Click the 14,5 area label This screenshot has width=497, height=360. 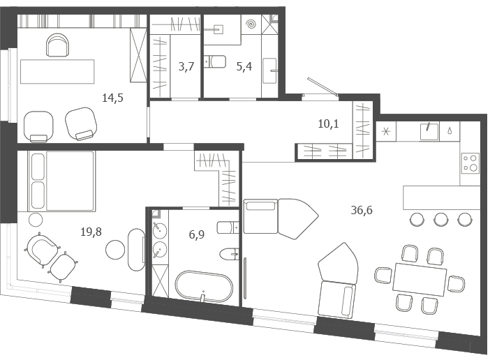pos(112,98)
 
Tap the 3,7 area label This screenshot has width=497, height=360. pos(186,66)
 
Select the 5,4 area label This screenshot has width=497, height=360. pos(244,66)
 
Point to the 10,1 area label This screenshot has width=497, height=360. pos(328,123)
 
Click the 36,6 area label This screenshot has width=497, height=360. pos(362,210)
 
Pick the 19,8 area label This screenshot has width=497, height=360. pos(91,232)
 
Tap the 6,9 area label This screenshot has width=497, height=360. pos(197,235)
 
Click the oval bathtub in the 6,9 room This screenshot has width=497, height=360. pos(204,286)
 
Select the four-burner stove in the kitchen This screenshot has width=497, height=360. pos(470,163)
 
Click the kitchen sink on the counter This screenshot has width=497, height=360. pos(429,132)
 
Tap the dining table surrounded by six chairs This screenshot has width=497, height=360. pos(420,279)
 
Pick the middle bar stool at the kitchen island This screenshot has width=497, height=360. pos(441,219)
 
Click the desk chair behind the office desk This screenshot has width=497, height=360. pos(58,45)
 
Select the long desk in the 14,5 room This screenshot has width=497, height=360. pos(57,72)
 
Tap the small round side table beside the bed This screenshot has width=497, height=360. pos(36,220)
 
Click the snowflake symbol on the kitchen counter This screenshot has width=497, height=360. pos(386,131)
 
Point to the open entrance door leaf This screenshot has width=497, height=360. pos(322,86)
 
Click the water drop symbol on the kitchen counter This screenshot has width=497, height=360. pos(450,131)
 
